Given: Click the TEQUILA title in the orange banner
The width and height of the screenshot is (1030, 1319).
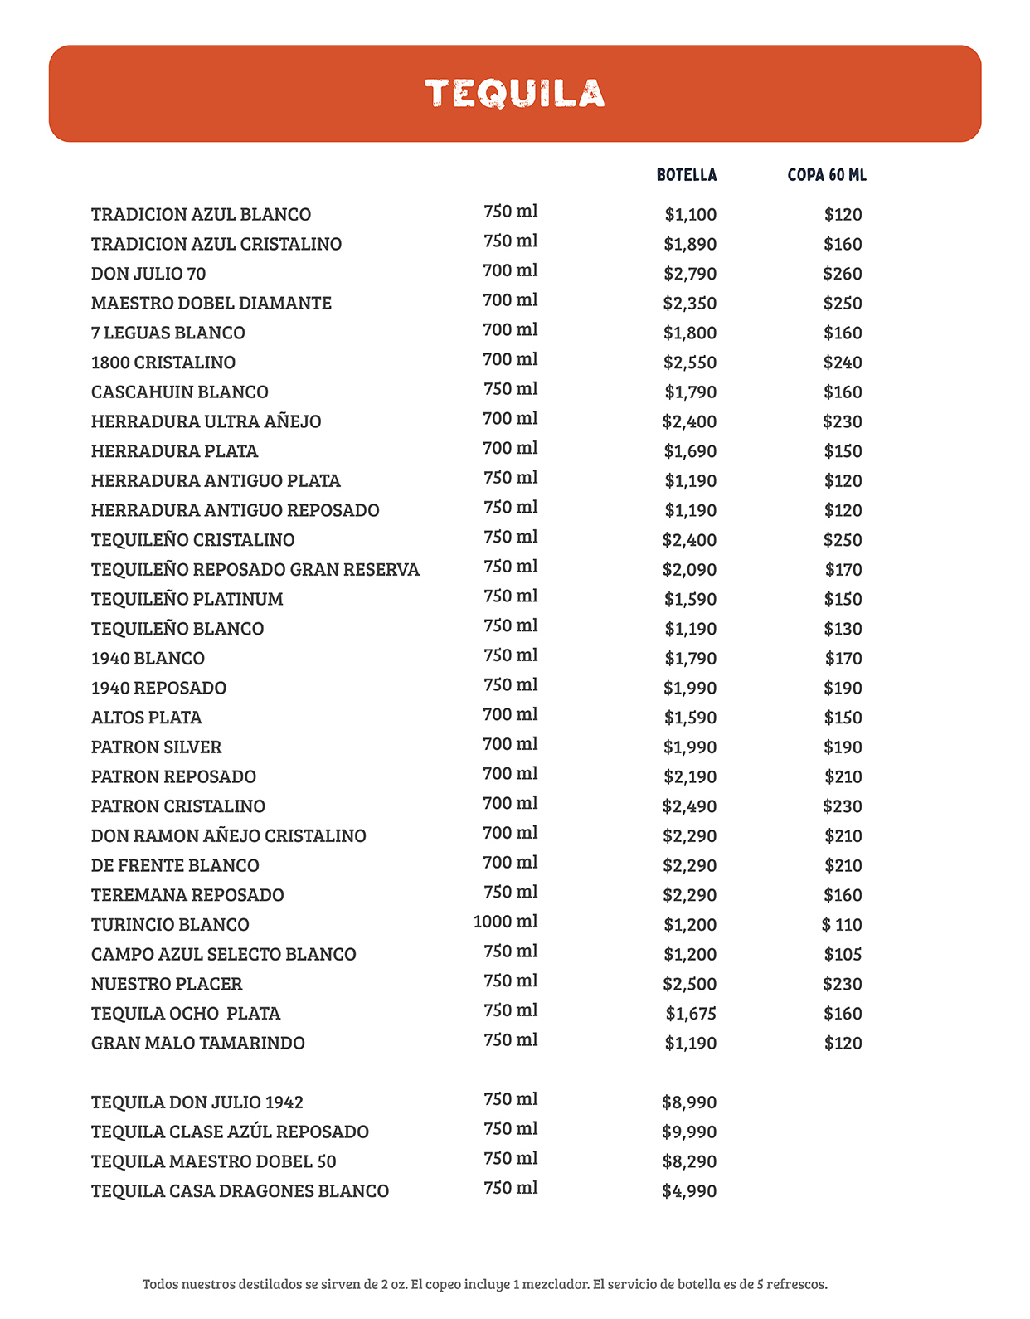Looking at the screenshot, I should coord(515,94).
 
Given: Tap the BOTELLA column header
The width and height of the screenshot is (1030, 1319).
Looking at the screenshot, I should coord(687,175).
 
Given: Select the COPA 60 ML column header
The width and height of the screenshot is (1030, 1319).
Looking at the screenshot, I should coord(827,175).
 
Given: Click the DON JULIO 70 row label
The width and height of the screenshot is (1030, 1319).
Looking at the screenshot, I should coord(148,274).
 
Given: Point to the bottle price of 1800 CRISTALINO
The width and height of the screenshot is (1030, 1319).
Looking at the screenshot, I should coord(690,363).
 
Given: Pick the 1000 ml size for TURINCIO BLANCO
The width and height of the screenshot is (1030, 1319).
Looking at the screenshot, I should coord(505,922).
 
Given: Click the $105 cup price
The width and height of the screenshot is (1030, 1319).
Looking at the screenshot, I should coord(843,955).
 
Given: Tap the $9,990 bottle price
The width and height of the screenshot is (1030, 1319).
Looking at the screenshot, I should coord(689,1132).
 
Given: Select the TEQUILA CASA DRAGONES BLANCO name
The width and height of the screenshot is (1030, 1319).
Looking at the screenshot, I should coord(240,1191).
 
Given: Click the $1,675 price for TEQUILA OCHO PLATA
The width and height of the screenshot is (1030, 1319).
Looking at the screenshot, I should coord(691,1014).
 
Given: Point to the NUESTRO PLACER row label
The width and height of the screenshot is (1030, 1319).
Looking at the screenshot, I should coord(167,984).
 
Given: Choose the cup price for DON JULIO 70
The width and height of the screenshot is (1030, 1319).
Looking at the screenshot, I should coord(843,274).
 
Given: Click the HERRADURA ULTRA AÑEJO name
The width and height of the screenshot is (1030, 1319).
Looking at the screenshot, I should coord(206,421).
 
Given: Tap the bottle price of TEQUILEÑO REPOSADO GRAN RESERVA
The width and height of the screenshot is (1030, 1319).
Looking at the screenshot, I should coord(689,570).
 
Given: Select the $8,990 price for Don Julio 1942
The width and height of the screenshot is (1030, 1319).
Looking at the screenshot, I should coord(689,1102).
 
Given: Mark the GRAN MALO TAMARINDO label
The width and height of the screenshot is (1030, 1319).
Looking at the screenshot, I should coord(198,1043).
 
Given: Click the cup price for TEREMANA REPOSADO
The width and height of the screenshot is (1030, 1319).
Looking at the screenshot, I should coord(843,895).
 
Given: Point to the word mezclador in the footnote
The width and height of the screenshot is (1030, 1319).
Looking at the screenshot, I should coord(556,1284).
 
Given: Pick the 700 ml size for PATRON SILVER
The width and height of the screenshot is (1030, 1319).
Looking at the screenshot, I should coord(510,744).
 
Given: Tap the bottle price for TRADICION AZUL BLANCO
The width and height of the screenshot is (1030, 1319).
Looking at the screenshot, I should coord(691,215).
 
